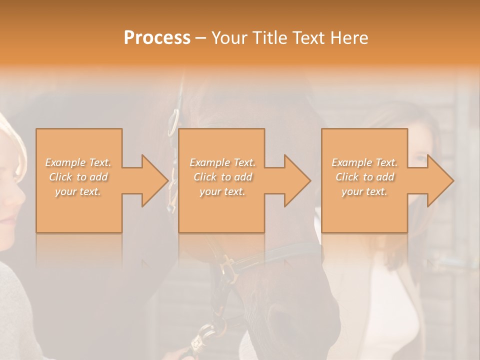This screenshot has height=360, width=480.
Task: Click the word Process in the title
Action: pos(157,38)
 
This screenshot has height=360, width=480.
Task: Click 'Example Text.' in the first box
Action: pos(78,162)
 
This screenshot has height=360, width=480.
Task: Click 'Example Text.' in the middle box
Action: pos(222,162)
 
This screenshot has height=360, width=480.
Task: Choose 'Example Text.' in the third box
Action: pos(364,162)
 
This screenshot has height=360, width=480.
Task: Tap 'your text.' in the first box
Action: pos(78,191)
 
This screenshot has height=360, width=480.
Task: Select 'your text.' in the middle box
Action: pos(222,191)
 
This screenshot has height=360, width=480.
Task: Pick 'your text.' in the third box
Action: pos(364,191)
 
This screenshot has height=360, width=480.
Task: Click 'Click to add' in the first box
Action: pos(78,177)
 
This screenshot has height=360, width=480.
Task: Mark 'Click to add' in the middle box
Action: pos(222,177)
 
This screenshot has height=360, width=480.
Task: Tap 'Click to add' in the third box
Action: pos(364,177)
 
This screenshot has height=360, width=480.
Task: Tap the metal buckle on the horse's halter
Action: pos(227,270)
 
